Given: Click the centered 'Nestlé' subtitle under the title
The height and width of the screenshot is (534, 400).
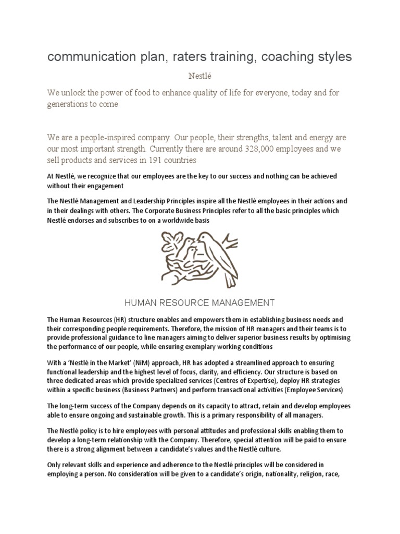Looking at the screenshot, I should pyautogui.click(x=199, y=76).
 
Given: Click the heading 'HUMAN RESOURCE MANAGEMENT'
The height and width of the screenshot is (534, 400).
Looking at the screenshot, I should pyautogui.click(x=200, y=302).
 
